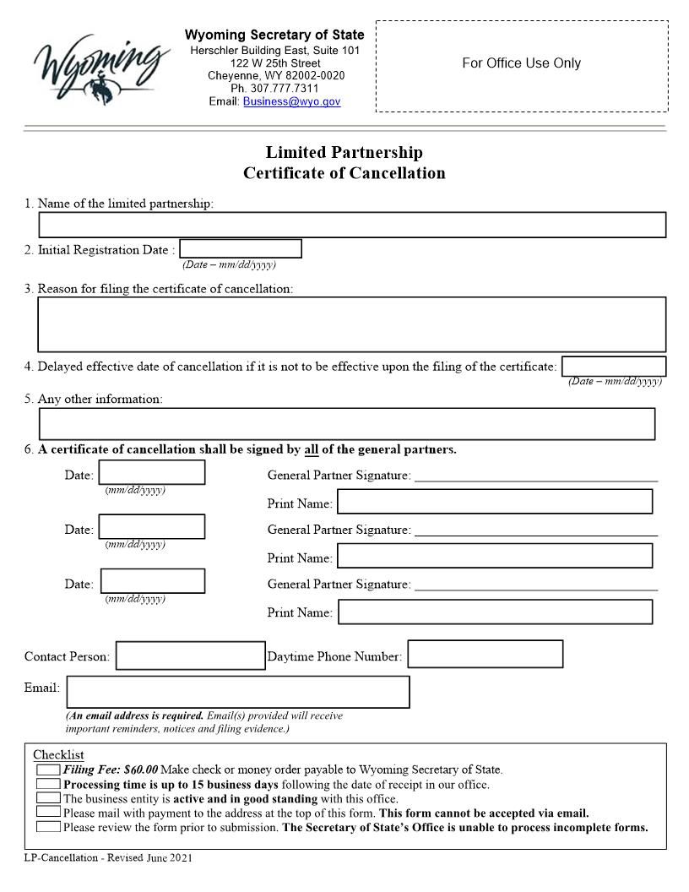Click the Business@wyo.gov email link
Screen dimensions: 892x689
point(291,101)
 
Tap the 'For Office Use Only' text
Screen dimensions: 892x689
point(521,63)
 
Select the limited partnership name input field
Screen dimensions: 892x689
point(352,225)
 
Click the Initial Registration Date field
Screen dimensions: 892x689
point(241,249)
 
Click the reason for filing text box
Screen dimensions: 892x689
point(352,324)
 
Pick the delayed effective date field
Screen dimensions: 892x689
point(614,367)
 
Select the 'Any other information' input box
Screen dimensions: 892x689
point(347,424)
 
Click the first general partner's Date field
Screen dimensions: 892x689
point(152,473)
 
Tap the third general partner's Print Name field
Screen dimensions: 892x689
point(495,612)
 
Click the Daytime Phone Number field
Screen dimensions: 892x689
point(486,655)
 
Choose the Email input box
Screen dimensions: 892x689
point(238,692)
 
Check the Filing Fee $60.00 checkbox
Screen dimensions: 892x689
point(48,770)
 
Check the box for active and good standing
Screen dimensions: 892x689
point(48,798)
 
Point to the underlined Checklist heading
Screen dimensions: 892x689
point(58,754)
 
